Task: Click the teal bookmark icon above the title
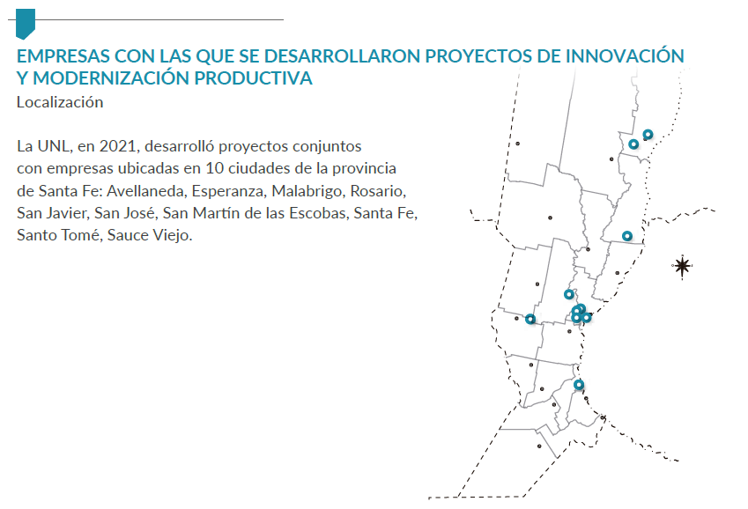point(26,23)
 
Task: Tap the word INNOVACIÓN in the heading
point(625,55)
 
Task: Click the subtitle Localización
point(60,102)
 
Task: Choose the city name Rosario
point(378,191)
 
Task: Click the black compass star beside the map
point(682,266)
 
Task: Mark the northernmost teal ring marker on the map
point(648,135)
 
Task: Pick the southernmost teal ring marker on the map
point(579,385)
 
